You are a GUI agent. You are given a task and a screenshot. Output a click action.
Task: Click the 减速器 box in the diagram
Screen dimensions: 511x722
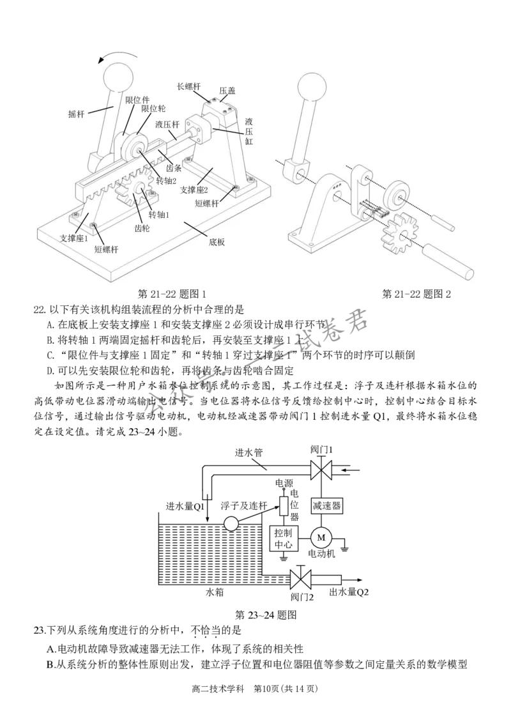coord(326,505)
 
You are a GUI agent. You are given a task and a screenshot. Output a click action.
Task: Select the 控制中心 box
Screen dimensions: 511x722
coord(283,538)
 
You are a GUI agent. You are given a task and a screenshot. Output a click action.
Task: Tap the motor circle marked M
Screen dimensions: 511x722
coord(321,537)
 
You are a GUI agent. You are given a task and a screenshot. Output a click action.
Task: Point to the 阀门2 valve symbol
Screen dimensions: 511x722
coord(301,580)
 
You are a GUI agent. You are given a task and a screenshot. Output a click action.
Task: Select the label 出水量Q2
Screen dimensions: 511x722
coord(349,592)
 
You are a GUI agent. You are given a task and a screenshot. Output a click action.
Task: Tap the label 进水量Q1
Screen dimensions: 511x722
coord(185,507)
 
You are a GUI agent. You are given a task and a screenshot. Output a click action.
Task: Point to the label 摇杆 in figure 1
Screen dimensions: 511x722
coord(77,114)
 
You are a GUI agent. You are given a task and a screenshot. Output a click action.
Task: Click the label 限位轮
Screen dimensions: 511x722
coord(153,108)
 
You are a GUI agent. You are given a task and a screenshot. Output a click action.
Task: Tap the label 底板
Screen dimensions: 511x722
coord(217,242)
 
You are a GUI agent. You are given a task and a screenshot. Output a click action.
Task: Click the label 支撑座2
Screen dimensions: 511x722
coord(194,190)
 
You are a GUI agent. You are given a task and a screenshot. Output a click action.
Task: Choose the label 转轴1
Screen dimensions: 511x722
coord(159,215)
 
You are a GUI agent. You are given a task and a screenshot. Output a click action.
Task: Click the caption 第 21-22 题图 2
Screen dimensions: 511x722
coord(416,294)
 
